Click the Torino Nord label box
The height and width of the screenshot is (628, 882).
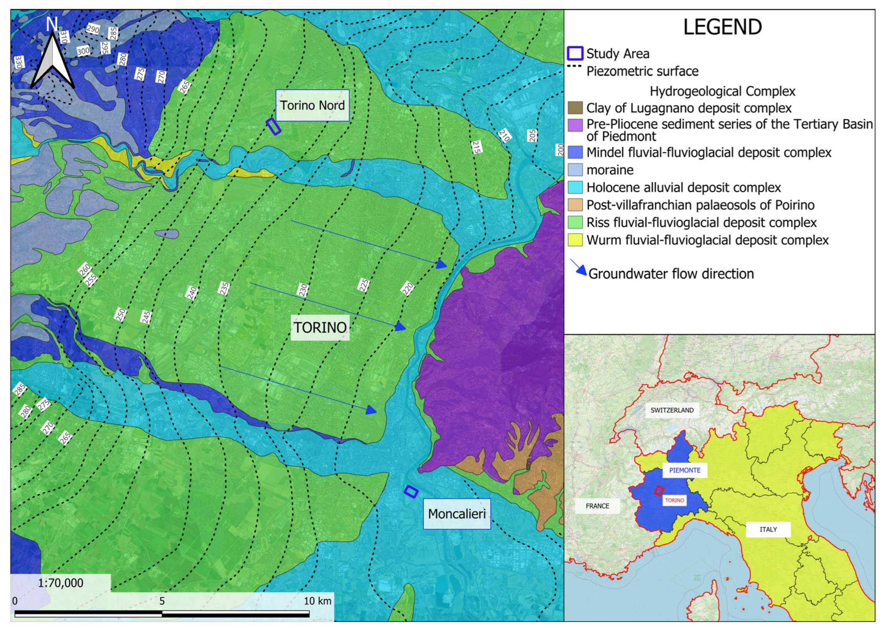click(x=312, y=105)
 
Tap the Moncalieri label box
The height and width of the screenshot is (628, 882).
click(x=457, y=514)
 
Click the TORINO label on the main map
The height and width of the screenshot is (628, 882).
click(x=320, y=328)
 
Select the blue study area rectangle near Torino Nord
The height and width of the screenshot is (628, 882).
click(x=273, y=127)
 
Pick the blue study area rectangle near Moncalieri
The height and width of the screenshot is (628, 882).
click(x=411, y=491)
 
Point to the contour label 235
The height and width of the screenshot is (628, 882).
click(x=224, y=289)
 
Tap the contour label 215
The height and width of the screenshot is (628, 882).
click(x=476, y=147)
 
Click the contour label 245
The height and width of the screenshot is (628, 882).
click(x=146, y=317)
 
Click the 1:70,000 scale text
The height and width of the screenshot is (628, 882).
click(x=61, y=583)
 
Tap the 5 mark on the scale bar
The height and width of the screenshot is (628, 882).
click(x=162, y=601)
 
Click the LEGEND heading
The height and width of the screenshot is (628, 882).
click(x=723, y=27)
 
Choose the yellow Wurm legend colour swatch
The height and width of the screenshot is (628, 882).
click(x=575, y=240)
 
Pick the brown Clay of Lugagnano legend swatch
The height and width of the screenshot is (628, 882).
click(x=575, y=108)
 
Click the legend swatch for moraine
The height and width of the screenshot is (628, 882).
click(x=575, y=170)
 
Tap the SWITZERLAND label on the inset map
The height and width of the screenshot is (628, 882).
click(x=672, y=410)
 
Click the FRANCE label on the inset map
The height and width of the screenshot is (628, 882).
click(x=597, y=506)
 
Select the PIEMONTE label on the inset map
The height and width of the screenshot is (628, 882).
click(x=685, y=470)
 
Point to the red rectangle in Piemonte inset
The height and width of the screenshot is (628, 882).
click(x=659, y=491)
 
